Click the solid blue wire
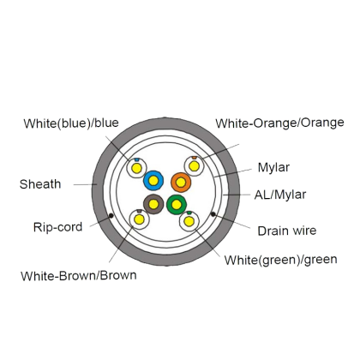tap(153, 181)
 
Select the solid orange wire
tap(181, 182)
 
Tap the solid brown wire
tap(153, 204)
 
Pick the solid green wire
tap(177, 204)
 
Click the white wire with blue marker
tap(136, 168)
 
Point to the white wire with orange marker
tap(195, 166)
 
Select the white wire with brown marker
tap(140, 219)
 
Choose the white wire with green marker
tap(189, 221)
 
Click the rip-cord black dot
tap(111, 215)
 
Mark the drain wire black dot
tap(213, 214)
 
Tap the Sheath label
tap(40, 184)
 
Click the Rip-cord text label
tap(57, 227)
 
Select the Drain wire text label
tap(287, 231)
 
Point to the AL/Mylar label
tap(280, 195)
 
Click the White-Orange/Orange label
tap(279, 123)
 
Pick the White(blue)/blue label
tap(71, 123)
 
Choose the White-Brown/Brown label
tap(79, 276)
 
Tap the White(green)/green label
tap(280, 260)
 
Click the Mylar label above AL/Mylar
tap(273, 167)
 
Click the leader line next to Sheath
tap(86, 184)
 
